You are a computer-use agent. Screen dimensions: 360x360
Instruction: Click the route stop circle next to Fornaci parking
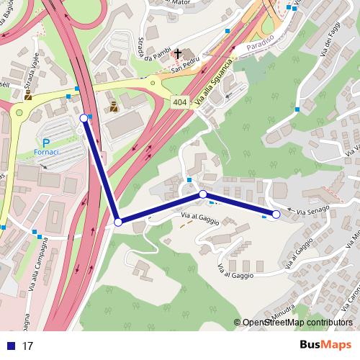pos(84,118)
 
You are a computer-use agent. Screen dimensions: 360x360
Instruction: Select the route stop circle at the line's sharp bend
pos(118,222)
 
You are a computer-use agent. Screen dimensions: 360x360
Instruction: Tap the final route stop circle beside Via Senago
pos(276,214)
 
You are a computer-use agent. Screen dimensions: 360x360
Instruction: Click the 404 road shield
pos(180,102)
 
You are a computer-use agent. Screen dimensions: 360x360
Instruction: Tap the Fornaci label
pos(47,153)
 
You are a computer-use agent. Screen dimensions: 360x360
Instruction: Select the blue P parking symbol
pos(46,143)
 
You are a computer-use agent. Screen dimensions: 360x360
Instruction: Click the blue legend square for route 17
pos(11,346)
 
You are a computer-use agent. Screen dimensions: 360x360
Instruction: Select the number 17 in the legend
pos(28,346)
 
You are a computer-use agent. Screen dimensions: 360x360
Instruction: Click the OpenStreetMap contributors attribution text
pos(297,323)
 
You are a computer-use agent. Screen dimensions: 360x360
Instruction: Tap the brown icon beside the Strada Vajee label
pos(28,94)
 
